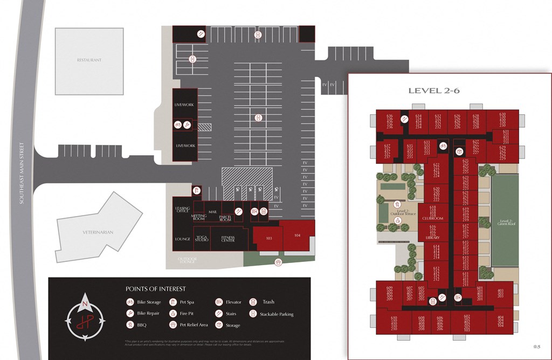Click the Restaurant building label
(89, 60)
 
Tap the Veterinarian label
(98, 232)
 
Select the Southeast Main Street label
(22, 172)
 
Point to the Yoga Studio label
(202, 238)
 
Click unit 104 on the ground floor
(297, 236)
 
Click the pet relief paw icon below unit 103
(278, 262)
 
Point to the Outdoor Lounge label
(188, 261)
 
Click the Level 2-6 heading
(433, 91)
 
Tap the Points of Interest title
(155, 289)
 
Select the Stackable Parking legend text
(277, 314)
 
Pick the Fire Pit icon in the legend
(173, 314)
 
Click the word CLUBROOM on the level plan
(432, 218)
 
